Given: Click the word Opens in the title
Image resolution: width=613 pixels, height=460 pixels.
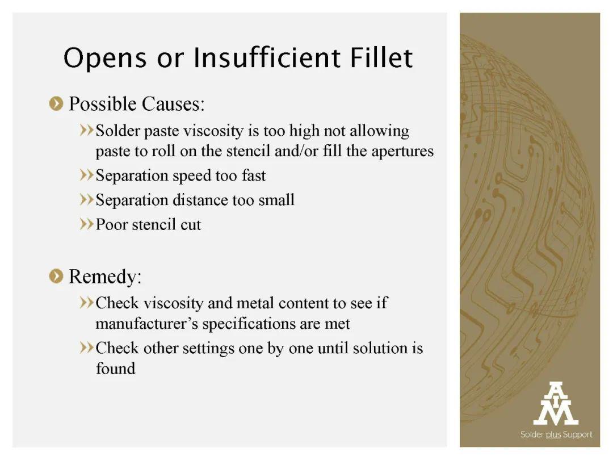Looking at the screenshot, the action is coord(105,58).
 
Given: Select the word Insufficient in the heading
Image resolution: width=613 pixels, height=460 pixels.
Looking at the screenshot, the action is coord(267,57).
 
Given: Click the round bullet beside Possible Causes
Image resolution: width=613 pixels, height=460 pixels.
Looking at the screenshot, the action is coord(56,104).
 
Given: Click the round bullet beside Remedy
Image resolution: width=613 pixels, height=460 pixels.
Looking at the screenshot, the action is coord(56,276).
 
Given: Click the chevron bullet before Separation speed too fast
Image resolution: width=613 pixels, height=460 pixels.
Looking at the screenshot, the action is coord(87,175).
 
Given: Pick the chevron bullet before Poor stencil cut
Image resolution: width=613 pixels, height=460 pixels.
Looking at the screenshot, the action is coord(87,224).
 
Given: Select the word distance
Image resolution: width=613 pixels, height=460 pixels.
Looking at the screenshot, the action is coord(200,200).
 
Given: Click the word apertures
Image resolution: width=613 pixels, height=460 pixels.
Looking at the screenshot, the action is coord(402,152).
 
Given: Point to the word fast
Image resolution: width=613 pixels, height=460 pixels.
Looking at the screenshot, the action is coord(254,175).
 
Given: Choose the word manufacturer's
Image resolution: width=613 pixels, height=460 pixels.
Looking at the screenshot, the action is coord(146,324).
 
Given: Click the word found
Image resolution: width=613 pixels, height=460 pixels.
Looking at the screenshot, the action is coord(116,368).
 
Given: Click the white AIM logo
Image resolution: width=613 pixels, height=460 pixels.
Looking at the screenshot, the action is coord(556,403).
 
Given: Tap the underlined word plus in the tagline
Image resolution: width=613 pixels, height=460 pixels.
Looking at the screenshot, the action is coord(553,434).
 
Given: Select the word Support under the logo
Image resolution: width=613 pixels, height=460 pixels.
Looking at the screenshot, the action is coord(577,434).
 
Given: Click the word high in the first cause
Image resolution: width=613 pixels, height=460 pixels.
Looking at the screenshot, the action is coord(304,131).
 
